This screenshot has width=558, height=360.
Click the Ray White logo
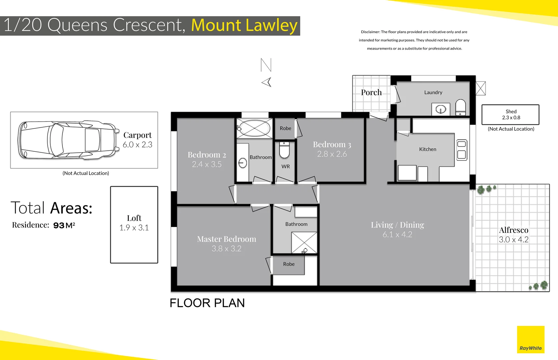click(x=530, y=340)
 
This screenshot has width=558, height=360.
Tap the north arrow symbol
click(x=266, y=73)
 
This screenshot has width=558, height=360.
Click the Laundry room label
click(x=433, y=92)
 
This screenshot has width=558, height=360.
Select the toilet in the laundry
click(x=460, y=107)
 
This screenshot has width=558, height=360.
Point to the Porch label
click(x=371, y=92)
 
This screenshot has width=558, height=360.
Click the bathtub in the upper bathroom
click(x=254, y=128)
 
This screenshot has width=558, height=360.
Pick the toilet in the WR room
click(x=284, y=150)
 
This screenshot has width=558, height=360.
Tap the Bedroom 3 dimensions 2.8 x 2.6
click(x=332, y=154)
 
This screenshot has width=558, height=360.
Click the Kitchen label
click(x=427, y=149)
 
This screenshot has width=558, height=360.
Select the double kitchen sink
click(x=462, y=150)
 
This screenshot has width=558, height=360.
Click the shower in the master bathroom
click(x=304, y=243)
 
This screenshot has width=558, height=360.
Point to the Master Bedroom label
click(x=226, y=239)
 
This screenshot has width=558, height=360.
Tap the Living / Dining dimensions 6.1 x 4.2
click(x=397, y=235)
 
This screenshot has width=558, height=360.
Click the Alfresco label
click(x=513, y=230)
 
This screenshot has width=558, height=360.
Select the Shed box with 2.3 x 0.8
click(x=510, y=115)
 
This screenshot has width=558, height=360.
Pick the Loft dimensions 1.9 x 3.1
click(x=134, y=228)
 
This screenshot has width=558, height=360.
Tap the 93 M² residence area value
click(x=64, y=225)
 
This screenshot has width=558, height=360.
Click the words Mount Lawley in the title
click(x=244, y=25)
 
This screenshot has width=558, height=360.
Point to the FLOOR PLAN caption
click(x=207, y=303)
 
